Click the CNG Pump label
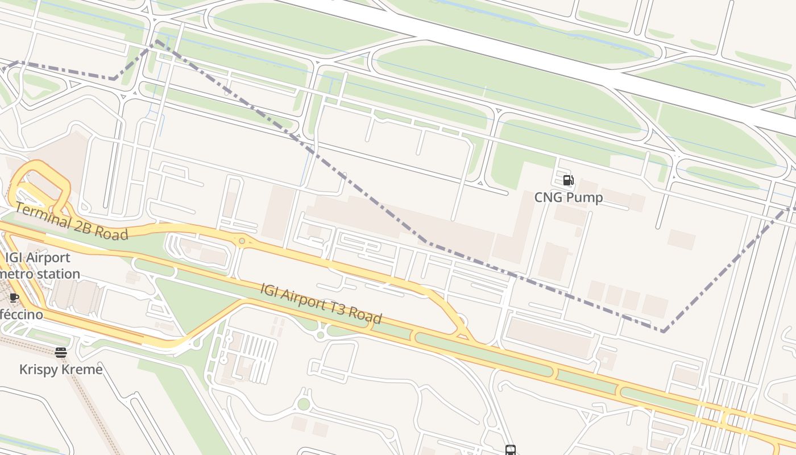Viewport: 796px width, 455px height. point(569,197)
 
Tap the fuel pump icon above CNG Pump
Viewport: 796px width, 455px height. point(568,180)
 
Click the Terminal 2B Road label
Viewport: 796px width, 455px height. point(71,222)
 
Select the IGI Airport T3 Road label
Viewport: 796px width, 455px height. point(321,303)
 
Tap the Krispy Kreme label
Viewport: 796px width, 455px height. point(61,370)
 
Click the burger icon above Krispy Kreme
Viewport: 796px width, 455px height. point(61,353)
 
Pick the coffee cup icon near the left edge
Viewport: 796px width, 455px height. point(14,297)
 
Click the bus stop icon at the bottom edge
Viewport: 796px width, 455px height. point(510,450)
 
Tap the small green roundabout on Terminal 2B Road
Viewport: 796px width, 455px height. point(242,241)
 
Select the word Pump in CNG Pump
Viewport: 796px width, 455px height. point(584,197)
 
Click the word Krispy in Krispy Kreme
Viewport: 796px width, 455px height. point(39,370)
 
